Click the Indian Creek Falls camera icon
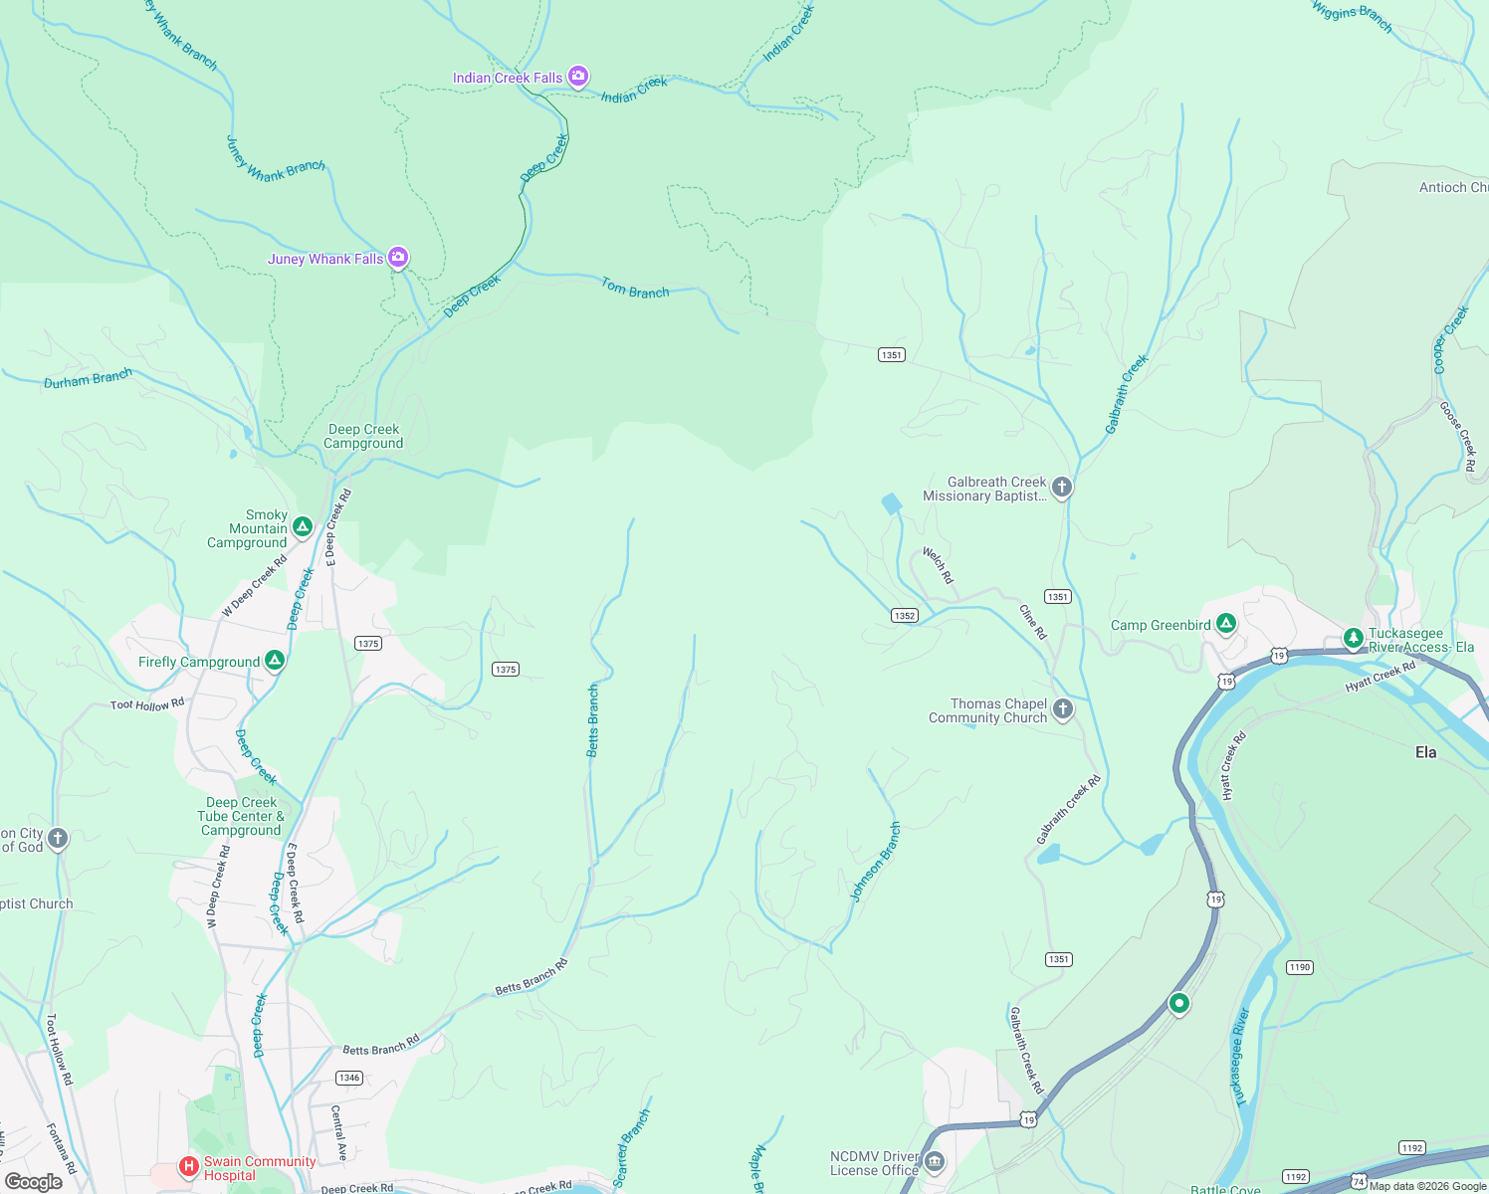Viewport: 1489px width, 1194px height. [577, 77]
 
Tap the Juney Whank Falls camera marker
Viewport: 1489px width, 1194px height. [398, 259]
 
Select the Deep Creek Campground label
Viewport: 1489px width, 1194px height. [363, 437]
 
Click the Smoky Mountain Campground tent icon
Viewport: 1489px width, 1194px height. [303, 526]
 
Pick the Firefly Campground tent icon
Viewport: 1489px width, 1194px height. [275, 660]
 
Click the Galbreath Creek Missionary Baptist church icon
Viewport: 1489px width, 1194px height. [1062, 487]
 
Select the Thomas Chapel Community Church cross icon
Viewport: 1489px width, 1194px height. [1063, 708]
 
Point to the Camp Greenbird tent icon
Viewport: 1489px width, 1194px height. [1226, 624]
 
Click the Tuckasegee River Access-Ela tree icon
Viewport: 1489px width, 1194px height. [1353, 637]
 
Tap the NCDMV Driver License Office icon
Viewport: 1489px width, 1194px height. [934, 1162]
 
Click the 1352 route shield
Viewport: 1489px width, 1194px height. [904, 616]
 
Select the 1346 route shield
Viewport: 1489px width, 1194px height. [348, 1078]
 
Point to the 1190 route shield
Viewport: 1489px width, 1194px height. [1299, 967]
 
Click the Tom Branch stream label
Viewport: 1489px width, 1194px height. [635, 289]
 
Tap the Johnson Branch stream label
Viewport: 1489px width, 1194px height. [875, 862]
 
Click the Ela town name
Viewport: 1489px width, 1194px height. [1425, 752]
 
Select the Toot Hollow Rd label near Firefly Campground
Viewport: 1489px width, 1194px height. [147, 704]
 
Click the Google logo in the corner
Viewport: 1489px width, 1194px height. [34, 1181]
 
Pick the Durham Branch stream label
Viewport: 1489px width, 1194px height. [88, 379]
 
